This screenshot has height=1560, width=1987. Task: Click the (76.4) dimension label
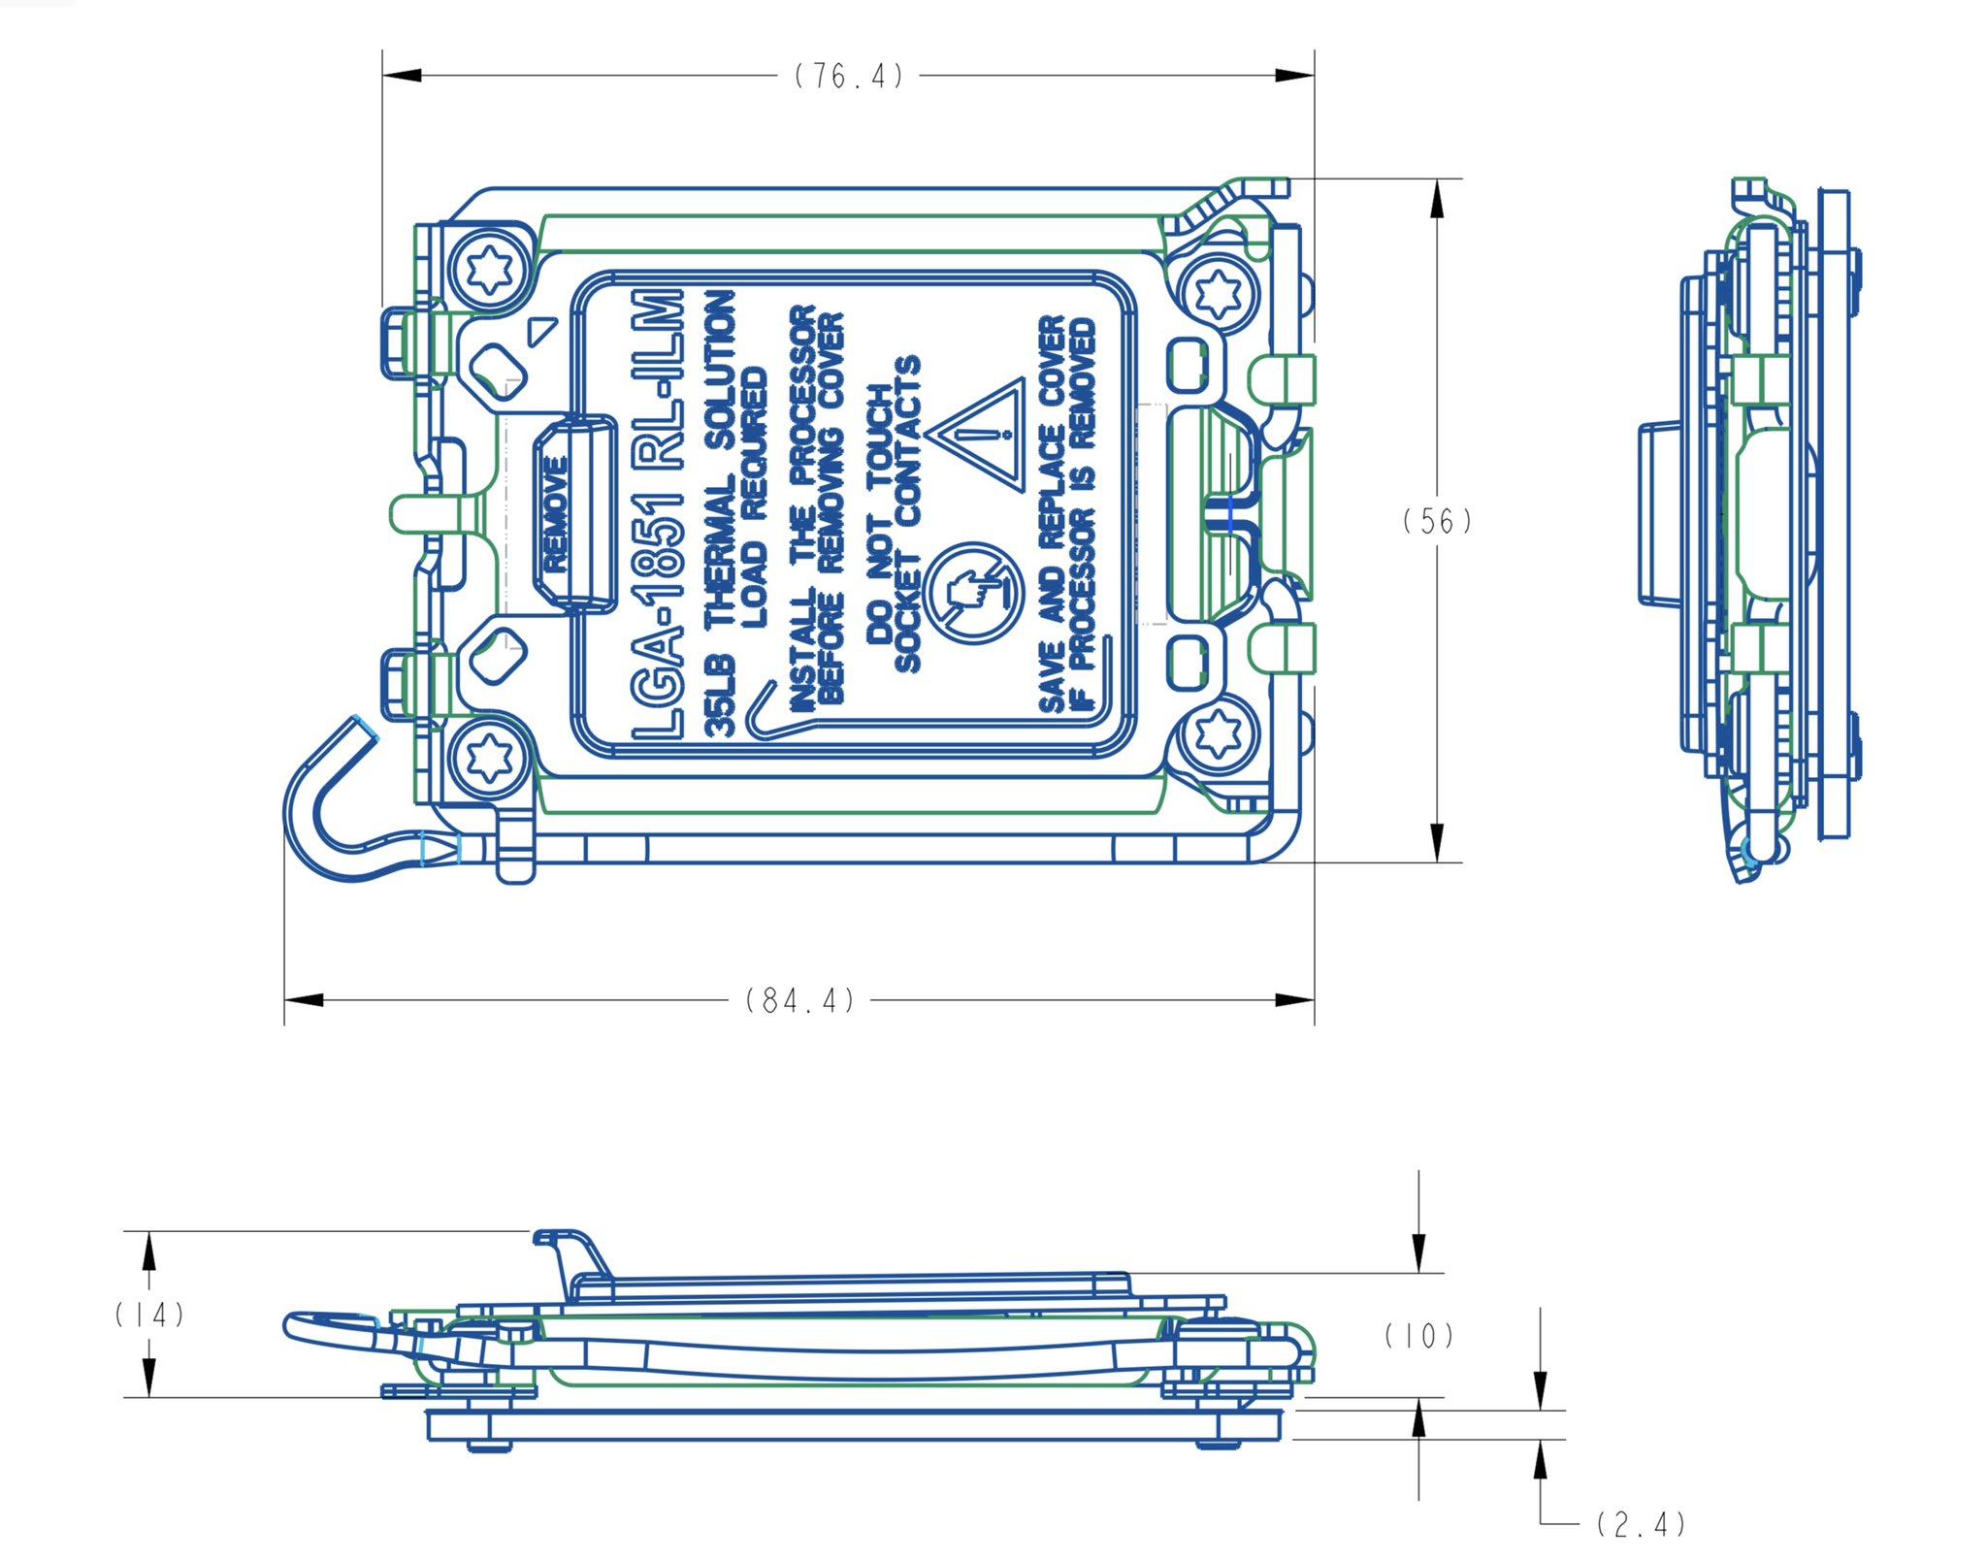pyautogui.click(x=849, y=76)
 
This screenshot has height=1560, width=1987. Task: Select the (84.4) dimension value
pyautogui.click(x=800, y=999)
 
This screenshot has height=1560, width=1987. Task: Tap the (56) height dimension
pyautogui.click(x=1437, y=521)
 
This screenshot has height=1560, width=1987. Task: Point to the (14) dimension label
pyautogui.click(x=149, y=1315)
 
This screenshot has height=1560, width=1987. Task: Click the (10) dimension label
pyautogui.click(x=1418, y=1336)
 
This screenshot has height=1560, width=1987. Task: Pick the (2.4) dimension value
pyautogui.click(x=1641, y=1524)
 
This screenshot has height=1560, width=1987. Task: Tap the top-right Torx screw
pyautogui.click(x=1215, y=292)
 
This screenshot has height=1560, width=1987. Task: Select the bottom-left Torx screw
pyautogui.click(x=489, y=756)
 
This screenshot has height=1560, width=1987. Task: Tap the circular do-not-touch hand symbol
pyautogui.click(x=973, y=593)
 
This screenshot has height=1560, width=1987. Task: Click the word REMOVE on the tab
pyautogui.click(x=555, y=514)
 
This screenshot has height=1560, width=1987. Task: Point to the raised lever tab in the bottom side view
pyautogui.click(x=572, y=1251)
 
